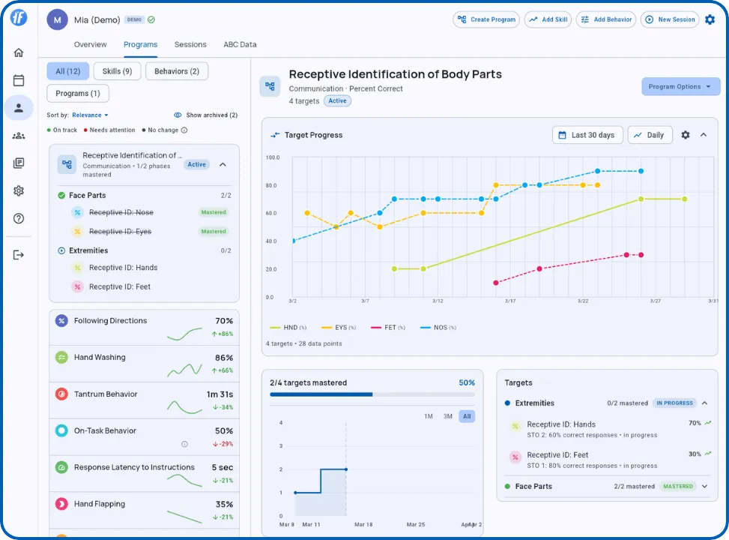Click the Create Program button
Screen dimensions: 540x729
coord(486,19)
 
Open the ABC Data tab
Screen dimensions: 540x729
coord(240,45)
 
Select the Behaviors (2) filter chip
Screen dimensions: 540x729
coord(177,71)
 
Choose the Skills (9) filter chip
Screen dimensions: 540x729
coord(117,71)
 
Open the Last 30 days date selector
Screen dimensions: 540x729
coord(587,135)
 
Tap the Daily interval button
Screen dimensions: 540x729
coord(649,135)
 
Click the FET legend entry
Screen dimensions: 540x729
coord(390,328)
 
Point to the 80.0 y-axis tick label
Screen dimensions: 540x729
coord(271,185)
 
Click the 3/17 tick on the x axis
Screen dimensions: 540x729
coord(509,301)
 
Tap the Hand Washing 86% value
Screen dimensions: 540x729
coord(223,358)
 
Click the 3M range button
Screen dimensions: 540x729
coord(447,416)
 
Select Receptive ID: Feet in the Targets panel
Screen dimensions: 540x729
coord(557,455)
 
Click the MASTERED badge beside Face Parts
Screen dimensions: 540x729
coord(677,487)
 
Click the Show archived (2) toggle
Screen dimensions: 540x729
coord(205,115)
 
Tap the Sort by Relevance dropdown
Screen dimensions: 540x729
coord(90,115)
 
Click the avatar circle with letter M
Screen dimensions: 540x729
coord(57,19)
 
